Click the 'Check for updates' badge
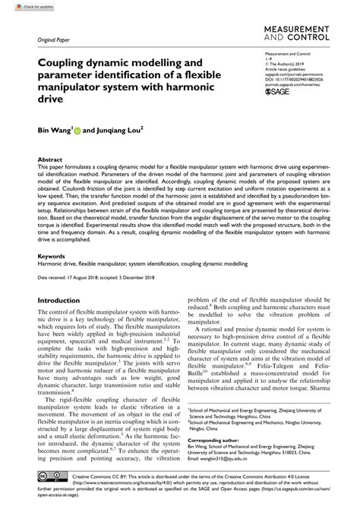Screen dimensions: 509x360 coord(22,6)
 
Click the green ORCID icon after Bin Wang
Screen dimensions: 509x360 coord(77,130)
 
